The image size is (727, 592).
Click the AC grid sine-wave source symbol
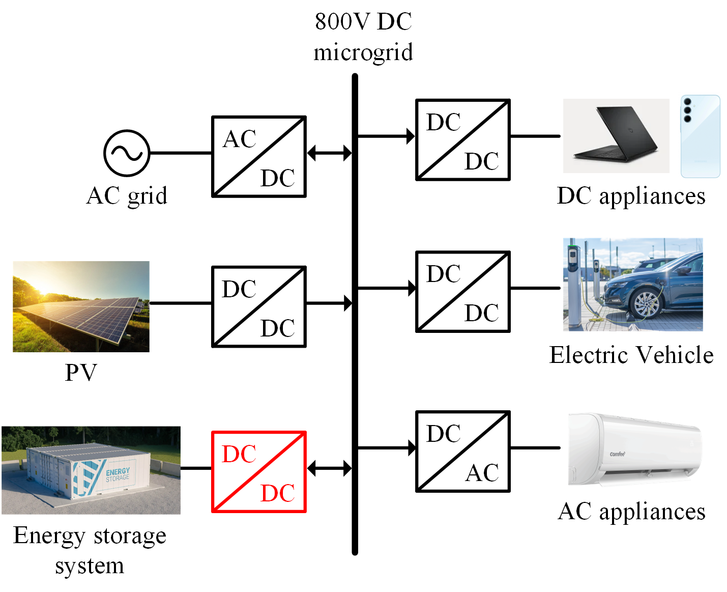[x=127, y=153]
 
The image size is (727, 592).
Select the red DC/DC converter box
[x=258, y=471]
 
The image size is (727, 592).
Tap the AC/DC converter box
[x=258, y=157]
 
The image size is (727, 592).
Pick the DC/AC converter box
[x=462, y=452]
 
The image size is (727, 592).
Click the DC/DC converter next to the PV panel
[x=258, y=306]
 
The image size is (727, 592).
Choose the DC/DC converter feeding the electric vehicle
[x=462, y=292]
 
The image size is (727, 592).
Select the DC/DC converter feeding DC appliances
[x=462, y=140]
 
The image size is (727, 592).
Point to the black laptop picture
[x=616, y=135]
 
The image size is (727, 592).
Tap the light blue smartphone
[x=700, y=136]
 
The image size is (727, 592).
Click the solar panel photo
[x=81, y=306]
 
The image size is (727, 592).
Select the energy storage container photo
[x=91, y=470]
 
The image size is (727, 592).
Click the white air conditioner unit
[x=635, y=449]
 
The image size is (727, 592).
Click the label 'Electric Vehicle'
[x=631, y=355]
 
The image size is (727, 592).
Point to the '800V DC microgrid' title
[x=363, y=37]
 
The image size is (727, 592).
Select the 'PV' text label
[x=81, y=373]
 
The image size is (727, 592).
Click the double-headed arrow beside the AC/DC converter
[x=329, y=153]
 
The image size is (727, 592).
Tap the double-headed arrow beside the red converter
[x=329, y=468]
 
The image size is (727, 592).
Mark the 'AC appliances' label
[x=631, y=512]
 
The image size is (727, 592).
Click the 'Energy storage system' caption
[x=90, y=550]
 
